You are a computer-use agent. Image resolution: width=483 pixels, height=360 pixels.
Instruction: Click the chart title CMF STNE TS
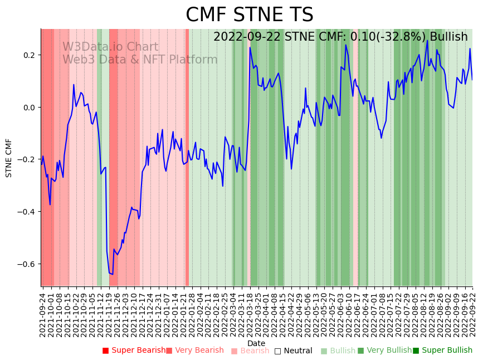pyautogui.click(x=249, y=15)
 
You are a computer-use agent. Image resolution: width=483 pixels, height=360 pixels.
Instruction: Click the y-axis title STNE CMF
pyautogui.click(x=9, y=158)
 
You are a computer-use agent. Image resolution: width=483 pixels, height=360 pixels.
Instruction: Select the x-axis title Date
pyautogui.click(x=256, y=343)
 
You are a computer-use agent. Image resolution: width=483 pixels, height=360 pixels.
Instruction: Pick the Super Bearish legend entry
pyautogui.click(x=134, y=351)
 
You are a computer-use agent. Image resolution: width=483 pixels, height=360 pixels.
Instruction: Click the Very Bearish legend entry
pyautogui.click(x=194, y=351)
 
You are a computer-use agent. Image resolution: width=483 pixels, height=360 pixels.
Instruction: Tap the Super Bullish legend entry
pyautogui.click(x=442, y=351)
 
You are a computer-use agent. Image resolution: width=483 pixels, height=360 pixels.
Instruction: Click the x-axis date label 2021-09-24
pyautogui.click(x=42, y=313)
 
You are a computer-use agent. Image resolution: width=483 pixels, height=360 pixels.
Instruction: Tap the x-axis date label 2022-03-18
pyautogui.click(x=250, y=313)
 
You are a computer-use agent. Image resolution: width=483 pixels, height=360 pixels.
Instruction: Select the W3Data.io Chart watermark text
pyautogui.click(x=110, y=47)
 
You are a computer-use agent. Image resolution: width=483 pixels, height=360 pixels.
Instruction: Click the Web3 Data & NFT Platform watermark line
pyautogui.click(x=140, y=60)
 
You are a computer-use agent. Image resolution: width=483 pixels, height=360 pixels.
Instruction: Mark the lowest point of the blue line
pyautogui.click(x=112, y=274)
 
